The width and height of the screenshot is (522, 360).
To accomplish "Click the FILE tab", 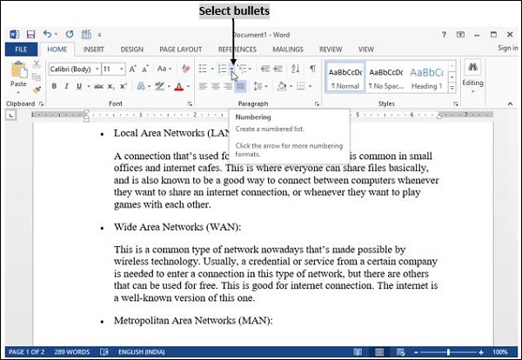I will (x=21, y=50).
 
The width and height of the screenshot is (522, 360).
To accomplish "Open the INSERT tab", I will (x=94, y=50).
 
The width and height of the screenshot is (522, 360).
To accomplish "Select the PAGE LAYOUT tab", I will (x=180, y=50).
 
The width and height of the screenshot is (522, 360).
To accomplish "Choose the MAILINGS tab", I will (x=287, y=50).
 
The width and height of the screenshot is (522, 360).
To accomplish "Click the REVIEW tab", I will (x=331, y=50).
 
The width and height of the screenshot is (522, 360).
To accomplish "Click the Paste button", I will (x=18, y=79).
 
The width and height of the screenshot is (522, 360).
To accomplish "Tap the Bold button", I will (x=54, y=86).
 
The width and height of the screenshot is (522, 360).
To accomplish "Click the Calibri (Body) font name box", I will (x=71, y=69).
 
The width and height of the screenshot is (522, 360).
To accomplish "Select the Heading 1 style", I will (x=426, y=77).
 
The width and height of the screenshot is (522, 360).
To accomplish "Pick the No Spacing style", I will (x=385, y=77).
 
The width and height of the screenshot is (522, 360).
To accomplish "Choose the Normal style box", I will (x=345, y=77).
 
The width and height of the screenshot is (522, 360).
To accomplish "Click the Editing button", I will (x=472, y=77).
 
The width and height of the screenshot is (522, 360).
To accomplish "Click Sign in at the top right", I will (x=507, y=49).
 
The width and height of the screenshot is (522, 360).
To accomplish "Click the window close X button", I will (x=509, y=34).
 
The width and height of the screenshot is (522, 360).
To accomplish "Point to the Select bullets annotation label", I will (x=234, y=11).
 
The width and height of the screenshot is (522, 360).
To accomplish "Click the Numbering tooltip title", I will (x=253, y=117).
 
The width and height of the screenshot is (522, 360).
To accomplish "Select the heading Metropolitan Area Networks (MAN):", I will (x=193, y=321).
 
